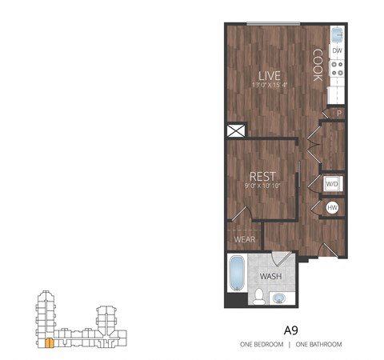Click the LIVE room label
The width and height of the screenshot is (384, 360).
click(267, 77)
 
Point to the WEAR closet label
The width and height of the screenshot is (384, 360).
click(244, 238)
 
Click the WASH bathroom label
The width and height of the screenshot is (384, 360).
click(270, 277)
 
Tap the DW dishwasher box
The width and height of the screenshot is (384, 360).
click(338, 51)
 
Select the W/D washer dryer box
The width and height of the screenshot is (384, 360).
click(332, 184)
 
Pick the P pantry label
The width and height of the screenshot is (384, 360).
click(338, 113)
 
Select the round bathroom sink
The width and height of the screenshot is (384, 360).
click(279, 298)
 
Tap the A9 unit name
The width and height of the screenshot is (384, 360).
click(291, 329)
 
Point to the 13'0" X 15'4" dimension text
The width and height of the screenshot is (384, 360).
click(267, 86)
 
